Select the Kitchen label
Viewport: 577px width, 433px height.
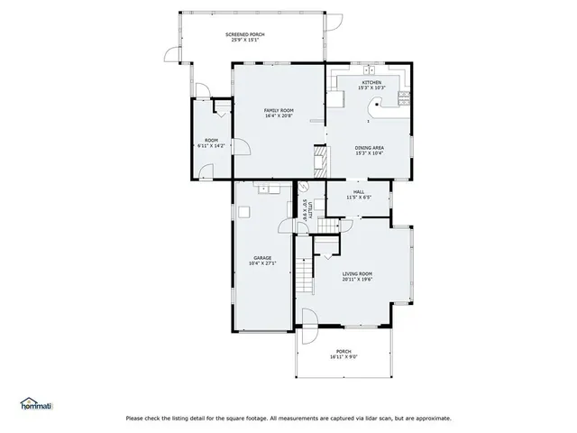pyautogui.click(x=371, y=83)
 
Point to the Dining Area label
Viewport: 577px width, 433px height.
pyautogui.click(x=370, y=148)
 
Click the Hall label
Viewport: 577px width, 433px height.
pyautogui.click(x=358, y=192)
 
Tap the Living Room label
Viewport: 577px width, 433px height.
pyautogui.click(x=357, y=274)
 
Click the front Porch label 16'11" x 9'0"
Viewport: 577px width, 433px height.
pyautogui.click(x=343, y=355)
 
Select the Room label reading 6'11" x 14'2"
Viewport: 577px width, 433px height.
pyautogui.click(x=211, y=142)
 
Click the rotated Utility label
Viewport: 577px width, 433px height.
pyautogui.click(x=306, y=210)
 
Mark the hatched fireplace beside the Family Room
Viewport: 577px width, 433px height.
pyautogui.click(x=317, y=163)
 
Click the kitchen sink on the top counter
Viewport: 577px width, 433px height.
pyautogui.click(x=369, y=70)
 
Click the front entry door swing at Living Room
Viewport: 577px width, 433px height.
pyautogui.click(x=307, y=319)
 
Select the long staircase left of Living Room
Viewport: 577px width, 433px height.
pyautogui.click(x=307, y=274)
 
